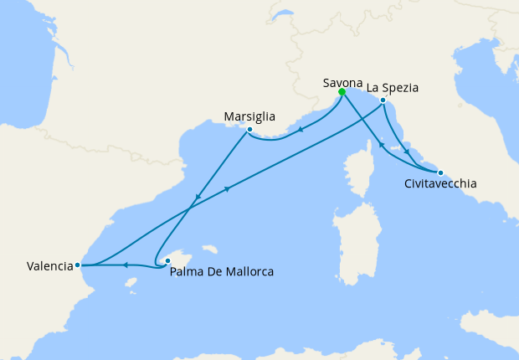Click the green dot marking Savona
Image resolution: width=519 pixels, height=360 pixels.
click(342, 93)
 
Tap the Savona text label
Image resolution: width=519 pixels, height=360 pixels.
click(342, 83)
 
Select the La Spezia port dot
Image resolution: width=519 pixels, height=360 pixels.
click(383, 101)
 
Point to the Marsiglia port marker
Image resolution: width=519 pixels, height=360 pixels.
click(249, 130)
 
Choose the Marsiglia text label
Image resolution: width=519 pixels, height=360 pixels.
click(250, 116)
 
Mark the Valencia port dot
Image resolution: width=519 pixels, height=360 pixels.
click(78, 265)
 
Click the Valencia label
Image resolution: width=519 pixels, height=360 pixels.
click(49, 266)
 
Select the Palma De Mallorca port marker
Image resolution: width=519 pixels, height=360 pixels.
click(167, 260)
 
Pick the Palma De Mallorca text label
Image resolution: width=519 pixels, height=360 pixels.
click(221, 272)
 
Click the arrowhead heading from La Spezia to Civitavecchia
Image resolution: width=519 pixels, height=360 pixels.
click(407, 152)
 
